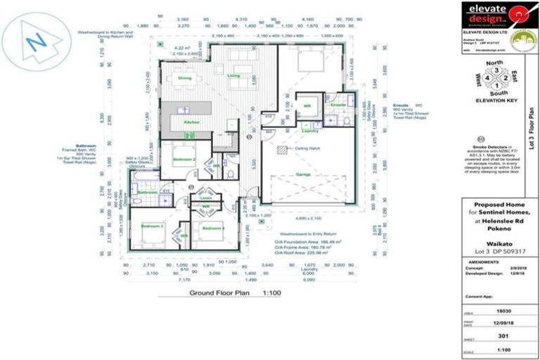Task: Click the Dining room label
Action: point(185,78)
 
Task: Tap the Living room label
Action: point(233,75)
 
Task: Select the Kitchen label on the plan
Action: point(192,122)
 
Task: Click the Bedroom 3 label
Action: point(152,226)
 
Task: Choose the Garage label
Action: point(304,174)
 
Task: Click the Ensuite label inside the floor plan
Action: point(337,105)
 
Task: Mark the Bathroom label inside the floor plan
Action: point(148,192)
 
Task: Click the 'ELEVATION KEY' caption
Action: point(496,101)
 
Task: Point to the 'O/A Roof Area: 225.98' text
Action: point(303,256)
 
